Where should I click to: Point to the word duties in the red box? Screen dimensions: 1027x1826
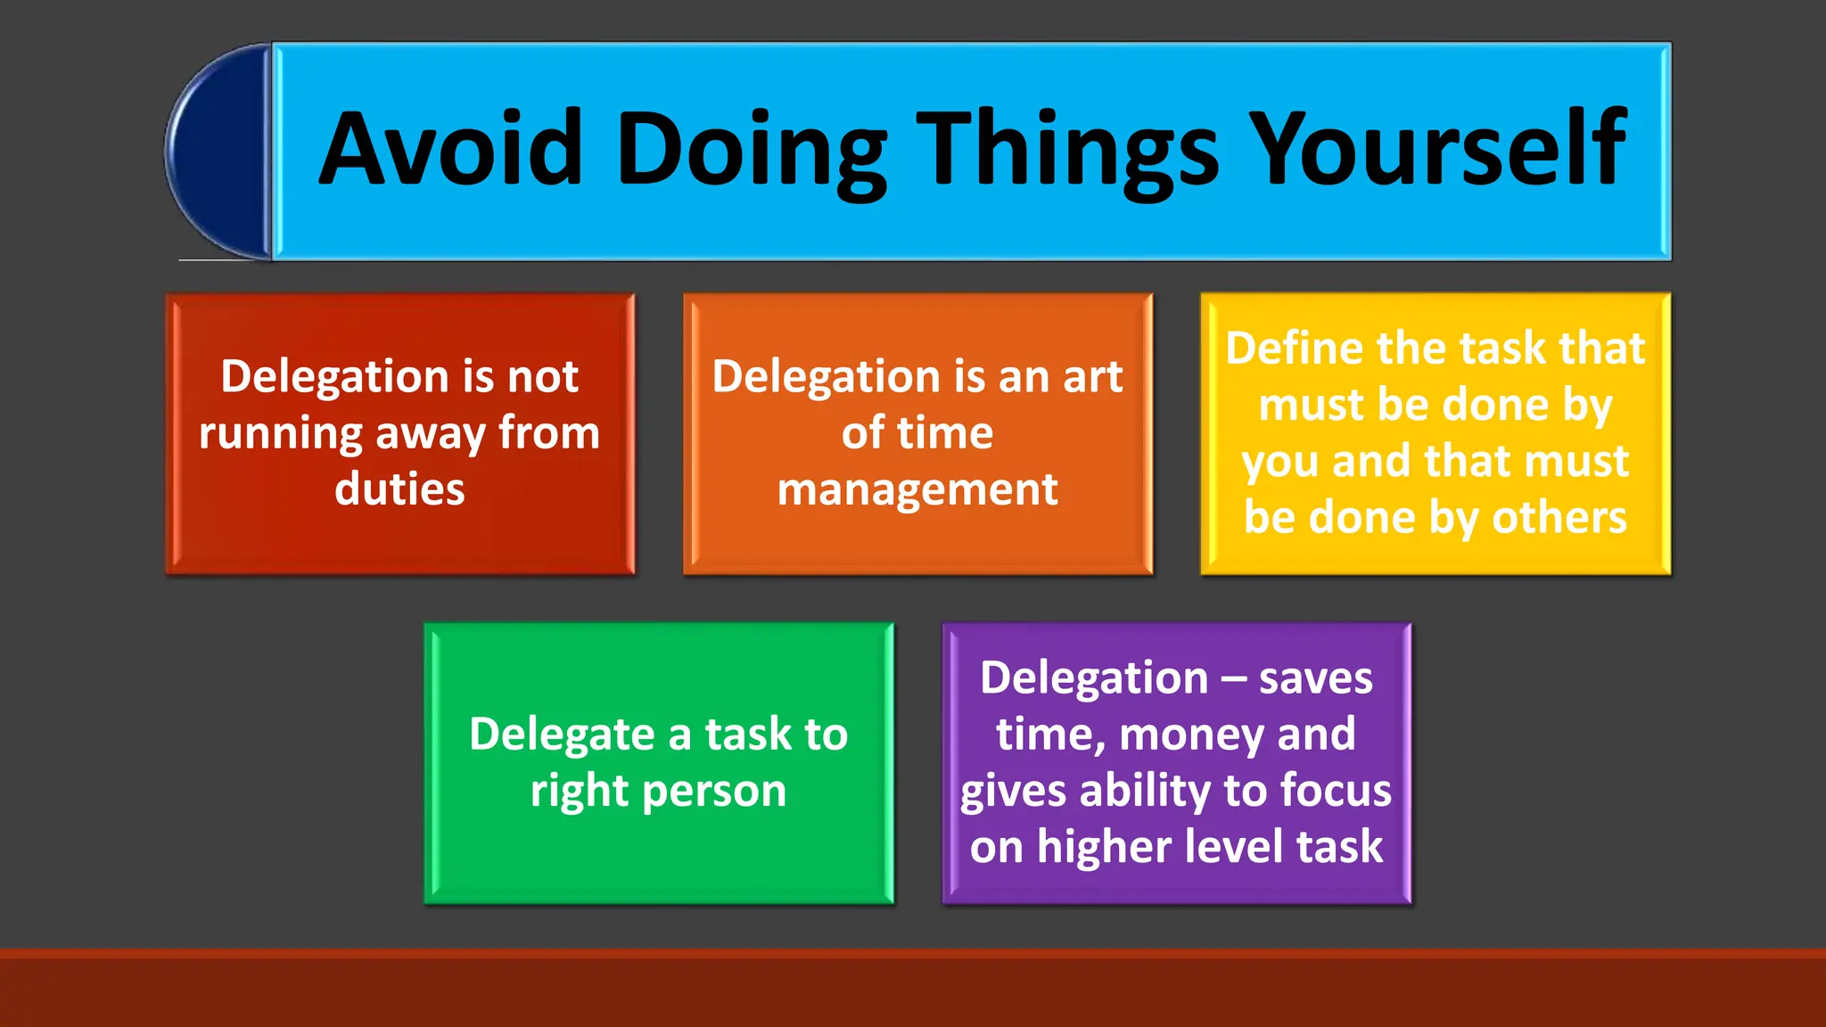pyautogui.click(x=399, y=489)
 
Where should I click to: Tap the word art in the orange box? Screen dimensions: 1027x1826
pyautogui.click(x=1092, y=376)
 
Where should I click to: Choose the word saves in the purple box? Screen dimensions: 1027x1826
pyautogui.click(x=1315, y=678)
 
